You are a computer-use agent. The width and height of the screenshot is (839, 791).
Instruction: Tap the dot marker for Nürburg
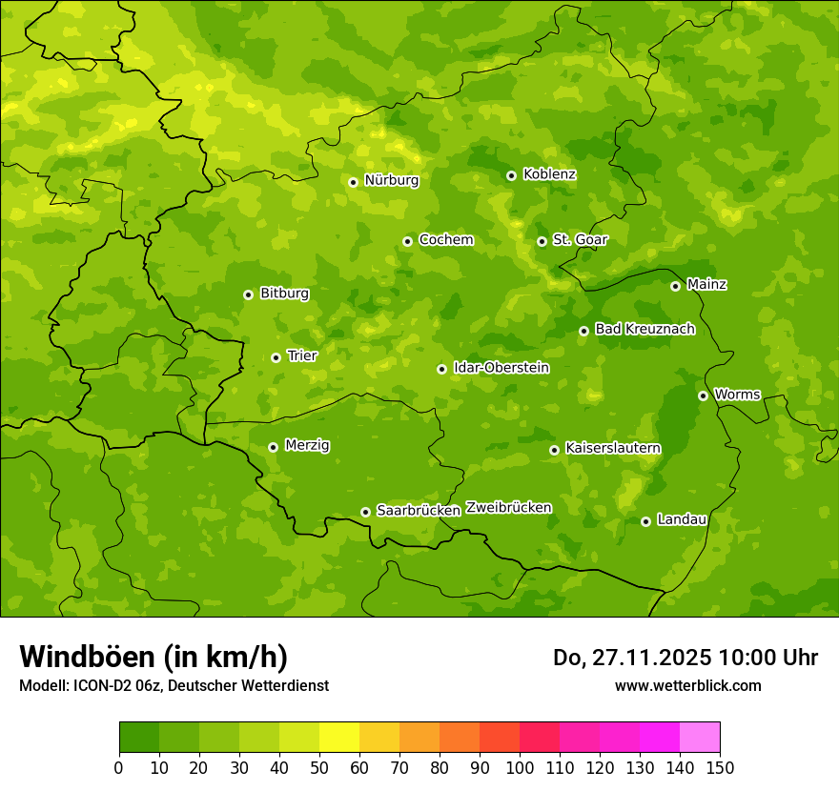[x=353, y=182]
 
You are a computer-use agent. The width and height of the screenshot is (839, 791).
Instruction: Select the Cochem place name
[x=445, y=240]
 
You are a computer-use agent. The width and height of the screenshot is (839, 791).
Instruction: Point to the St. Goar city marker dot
[x=542, y=241]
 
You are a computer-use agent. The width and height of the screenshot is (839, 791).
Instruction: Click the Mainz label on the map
[x=706, y=284]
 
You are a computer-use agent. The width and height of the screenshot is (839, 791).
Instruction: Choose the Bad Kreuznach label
[x=645, y=329]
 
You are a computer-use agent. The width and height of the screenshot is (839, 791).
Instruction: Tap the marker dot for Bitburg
[x=248, y=294]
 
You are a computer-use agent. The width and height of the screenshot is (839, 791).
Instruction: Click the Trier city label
[x=302, y=355]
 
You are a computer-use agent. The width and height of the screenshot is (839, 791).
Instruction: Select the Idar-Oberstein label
[x=501, y=368]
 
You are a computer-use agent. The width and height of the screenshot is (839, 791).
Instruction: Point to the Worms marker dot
[x=703, y=395]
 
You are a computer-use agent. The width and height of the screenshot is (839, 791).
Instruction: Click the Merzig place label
[x=307, y=445]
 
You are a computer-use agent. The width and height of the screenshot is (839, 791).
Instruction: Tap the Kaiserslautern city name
[x=613, y=448]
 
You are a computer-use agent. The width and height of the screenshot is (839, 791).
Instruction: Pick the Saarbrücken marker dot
[x=365, y=512]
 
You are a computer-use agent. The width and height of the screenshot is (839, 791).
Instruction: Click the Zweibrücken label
[x=508, y=508]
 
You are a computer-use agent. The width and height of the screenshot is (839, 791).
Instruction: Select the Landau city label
[x=682, y=519]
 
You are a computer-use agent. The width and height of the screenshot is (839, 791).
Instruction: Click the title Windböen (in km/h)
[x=153, y=657]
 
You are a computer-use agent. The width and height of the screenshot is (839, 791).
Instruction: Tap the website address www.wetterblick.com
[x=687, y=685]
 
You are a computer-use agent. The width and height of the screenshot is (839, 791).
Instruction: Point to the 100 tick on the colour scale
[x=520, y=767]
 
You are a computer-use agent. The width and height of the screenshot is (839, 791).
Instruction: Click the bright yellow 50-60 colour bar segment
[x=339, y=738]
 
